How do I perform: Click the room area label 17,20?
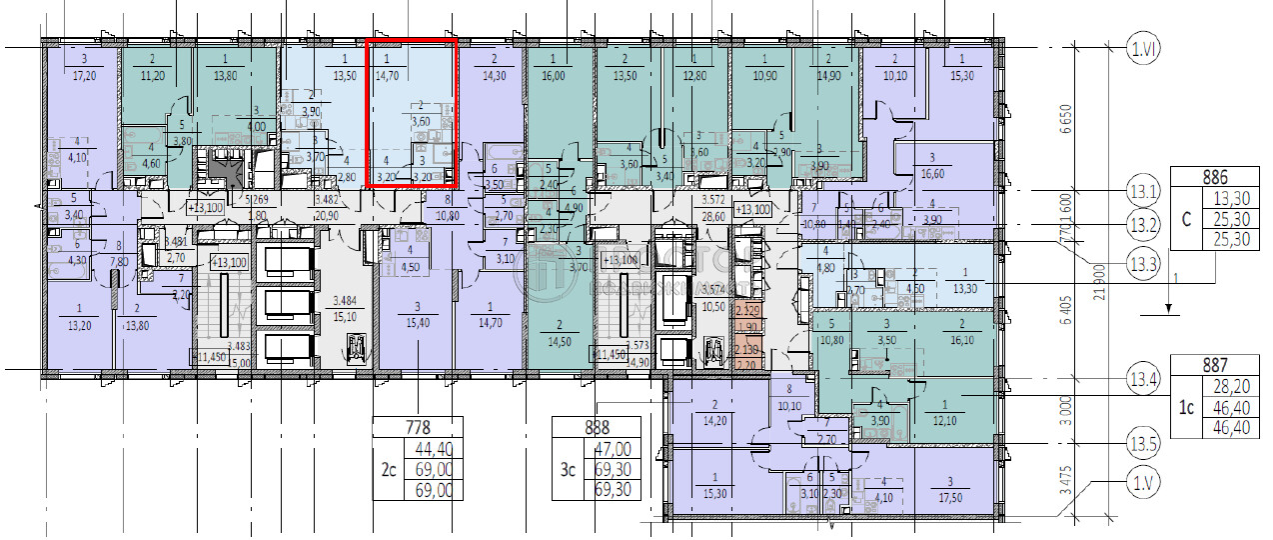82,76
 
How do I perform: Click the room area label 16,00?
553,76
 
